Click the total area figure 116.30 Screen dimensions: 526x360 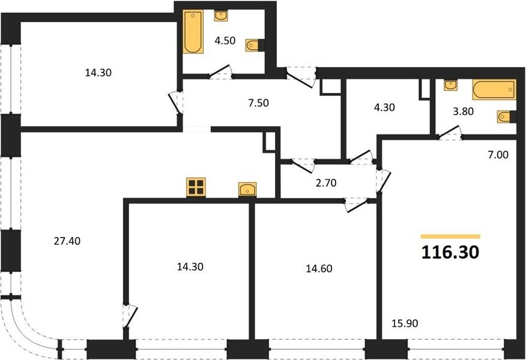coord(450,253)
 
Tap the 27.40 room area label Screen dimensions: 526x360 coord(67,241)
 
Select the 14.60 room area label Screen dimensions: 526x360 coord(319,268)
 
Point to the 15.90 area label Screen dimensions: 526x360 coord(405,323)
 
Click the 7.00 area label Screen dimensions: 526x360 coord(498,155)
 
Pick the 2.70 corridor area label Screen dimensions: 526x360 coord(326,183)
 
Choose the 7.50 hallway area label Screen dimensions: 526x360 coord(258,103)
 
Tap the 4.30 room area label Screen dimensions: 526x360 coord(384,107)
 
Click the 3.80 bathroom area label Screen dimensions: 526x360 coord(464,111)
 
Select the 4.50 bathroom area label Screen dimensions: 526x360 coord(225,41)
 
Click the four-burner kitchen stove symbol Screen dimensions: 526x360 coord(196,187)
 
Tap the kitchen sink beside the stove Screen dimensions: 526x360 coord(247,190)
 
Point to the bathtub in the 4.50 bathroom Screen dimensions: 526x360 coord(193,32)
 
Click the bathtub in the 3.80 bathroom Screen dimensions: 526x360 coord(494,89)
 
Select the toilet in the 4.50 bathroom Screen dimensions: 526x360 coord(255,45)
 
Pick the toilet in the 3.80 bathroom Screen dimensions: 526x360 coord(507,116)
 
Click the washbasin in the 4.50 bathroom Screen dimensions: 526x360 coord(220,16)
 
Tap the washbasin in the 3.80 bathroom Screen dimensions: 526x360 coord(450,85)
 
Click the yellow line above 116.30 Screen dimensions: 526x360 coord(450,236)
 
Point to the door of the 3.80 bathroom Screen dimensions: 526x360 coord(449,132)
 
